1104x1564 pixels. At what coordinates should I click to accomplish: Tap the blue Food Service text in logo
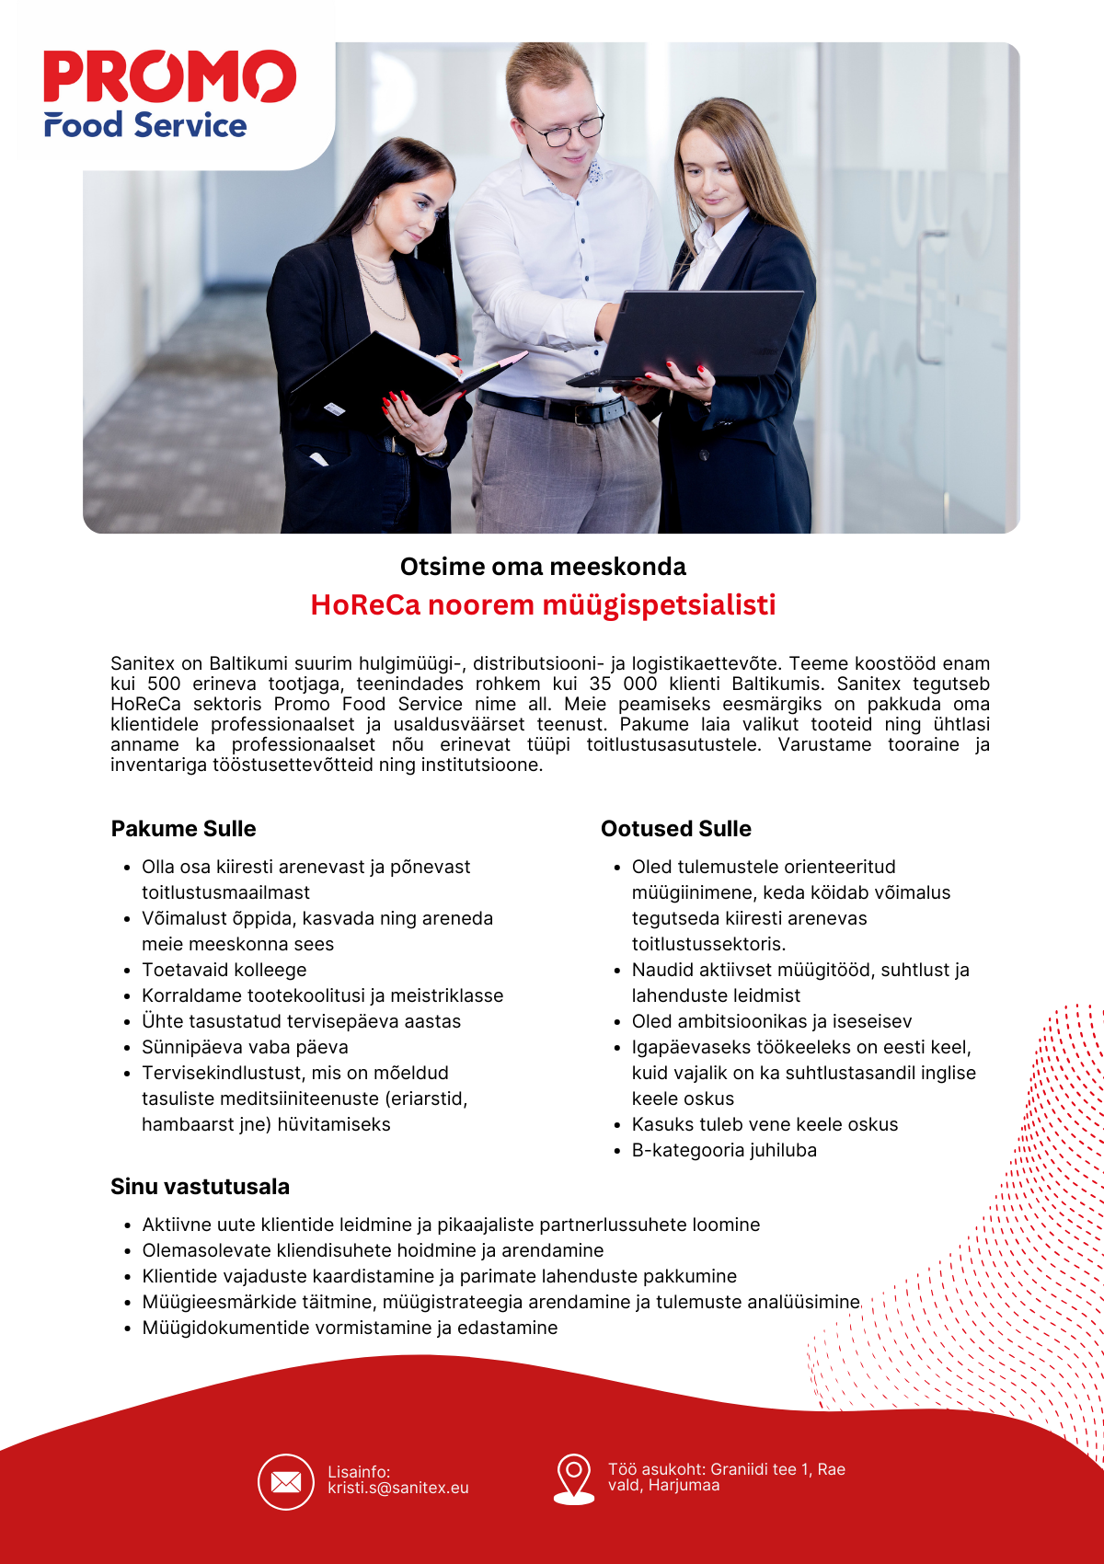pyautogui.click(x=145, y=125)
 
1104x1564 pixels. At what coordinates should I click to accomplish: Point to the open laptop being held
pyautogui.click(x=699, y=336)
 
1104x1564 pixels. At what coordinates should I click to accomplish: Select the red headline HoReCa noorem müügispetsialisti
pyautogui.click(x=543, y=605)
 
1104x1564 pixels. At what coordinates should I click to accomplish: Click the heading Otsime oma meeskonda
pyautogui.click(x=543, y=566)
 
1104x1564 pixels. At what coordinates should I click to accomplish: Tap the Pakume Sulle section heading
pyautogui.click(x=183, y=828)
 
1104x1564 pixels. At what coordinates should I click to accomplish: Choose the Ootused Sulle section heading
pyautogui.click(x=675, y=828)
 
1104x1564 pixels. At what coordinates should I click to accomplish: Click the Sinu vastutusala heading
pyautogui.click(x=200, y=1186)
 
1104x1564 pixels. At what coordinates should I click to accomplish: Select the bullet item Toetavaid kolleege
pyautogui.click(x=224, y=970)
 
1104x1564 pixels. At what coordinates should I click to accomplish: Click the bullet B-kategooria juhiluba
pyautogui.click(x=724, y=1150)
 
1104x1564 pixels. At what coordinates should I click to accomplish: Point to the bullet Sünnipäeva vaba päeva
pyautogui.click(x=245, y=1047)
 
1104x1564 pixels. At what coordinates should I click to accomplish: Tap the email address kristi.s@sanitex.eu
pyautogui.click(x=397, y=1488)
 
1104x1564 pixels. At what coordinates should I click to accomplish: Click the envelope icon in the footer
pyautogui.click(x=286, y=1482)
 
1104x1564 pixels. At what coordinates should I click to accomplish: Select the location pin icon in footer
pyautogui.click(x=573, y=1478)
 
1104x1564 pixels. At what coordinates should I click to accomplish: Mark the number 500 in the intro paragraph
pyautogui.click(x=164, y=684)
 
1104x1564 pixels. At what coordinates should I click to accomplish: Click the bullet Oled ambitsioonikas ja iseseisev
pyautogui.click(x=771, y=1021)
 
